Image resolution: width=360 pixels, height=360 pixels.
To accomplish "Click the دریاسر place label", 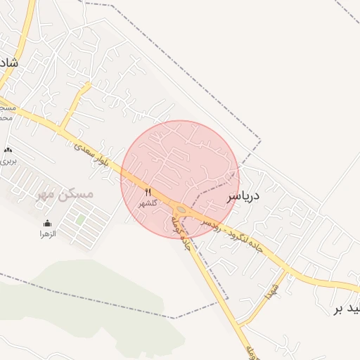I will coord(243,196).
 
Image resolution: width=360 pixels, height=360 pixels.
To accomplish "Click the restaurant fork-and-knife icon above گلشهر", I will coord(148,192).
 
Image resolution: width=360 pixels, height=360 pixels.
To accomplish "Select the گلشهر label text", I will coord(148,202).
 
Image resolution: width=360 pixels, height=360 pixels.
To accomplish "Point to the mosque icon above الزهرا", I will coord(48,224).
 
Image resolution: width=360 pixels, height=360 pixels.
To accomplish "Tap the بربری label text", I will coord(8,160).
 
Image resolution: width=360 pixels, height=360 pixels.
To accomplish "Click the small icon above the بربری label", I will coord(8,150).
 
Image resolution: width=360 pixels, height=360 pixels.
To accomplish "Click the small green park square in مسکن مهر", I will coord(80,219).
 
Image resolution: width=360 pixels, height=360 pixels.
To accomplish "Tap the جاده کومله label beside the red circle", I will coord(181,232).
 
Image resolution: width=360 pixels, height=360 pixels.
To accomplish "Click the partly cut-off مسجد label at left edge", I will coord(6,112).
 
